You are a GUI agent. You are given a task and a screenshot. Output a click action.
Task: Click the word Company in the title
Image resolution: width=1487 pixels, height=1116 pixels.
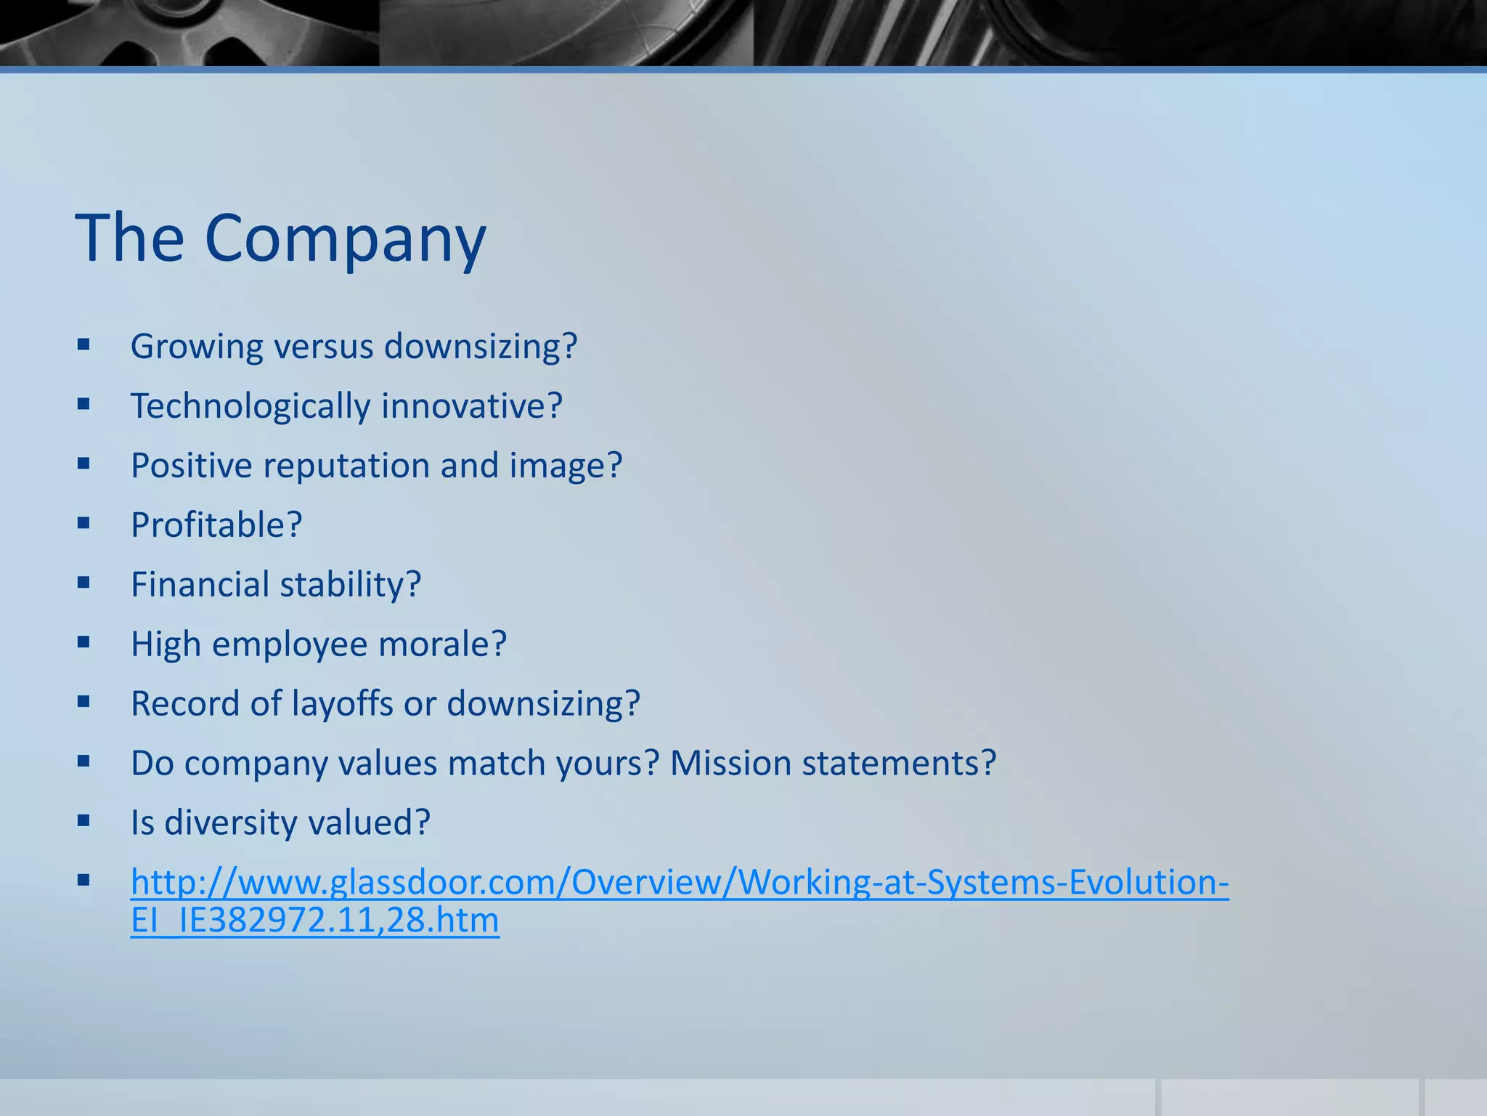345,240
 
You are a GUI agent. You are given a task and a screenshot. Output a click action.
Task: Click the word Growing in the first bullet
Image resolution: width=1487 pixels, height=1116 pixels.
196,347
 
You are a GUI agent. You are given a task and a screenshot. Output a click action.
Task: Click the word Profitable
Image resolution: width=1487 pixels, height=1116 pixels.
216,525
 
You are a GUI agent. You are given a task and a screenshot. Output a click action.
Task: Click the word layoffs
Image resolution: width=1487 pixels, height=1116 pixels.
343,704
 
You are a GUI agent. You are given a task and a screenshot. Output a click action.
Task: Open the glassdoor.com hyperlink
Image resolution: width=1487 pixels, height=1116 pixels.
679,883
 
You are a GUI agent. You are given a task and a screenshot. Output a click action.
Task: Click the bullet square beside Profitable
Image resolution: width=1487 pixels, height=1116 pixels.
83,522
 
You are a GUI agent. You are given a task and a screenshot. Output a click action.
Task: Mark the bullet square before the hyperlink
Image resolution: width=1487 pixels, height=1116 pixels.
83,881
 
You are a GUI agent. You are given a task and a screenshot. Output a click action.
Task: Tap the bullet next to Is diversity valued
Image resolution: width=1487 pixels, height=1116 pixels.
83,821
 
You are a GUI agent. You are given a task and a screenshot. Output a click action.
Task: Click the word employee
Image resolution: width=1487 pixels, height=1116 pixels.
290,644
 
